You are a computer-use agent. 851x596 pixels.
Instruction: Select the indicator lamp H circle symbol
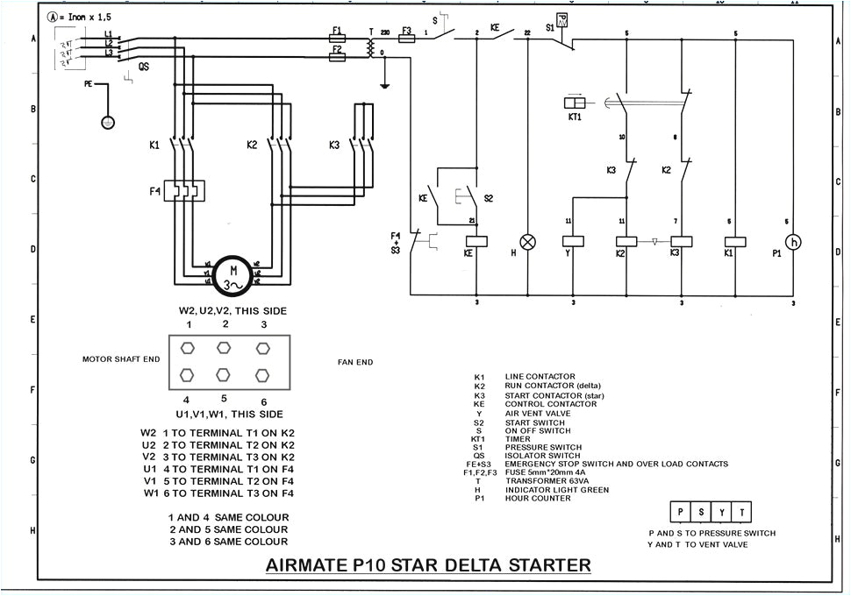(x=528, y=242)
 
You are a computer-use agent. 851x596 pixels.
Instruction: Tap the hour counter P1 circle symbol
(x=794, y=242)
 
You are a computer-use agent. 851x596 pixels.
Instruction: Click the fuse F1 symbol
(x=337, y=38)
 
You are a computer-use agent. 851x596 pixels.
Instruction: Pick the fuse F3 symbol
(x=406, y=38)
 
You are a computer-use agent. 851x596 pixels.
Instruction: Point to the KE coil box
(x=476, y=241)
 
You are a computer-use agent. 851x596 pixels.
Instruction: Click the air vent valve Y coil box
(x=573, y=241)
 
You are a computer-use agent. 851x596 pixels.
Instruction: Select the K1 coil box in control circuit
(x=735, y=241)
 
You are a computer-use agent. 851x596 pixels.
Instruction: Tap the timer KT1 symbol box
(x=576, y=103)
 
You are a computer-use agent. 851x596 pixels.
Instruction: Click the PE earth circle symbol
(x=108, y=123)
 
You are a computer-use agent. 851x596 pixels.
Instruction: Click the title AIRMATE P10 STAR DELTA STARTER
(x=428, y=564)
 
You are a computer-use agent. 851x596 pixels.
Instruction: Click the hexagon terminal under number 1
(x=187, y=347)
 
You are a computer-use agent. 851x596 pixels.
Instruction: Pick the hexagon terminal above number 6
(x=261, y=375)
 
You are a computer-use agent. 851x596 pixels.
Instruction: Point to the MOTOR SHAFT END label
(x=121, y=359)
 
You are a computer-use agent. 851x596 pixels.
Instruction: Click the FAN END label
(x=355, y=361)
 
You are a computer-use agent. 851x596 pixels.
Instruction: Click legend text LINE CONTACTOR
(x=540, y=377)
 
